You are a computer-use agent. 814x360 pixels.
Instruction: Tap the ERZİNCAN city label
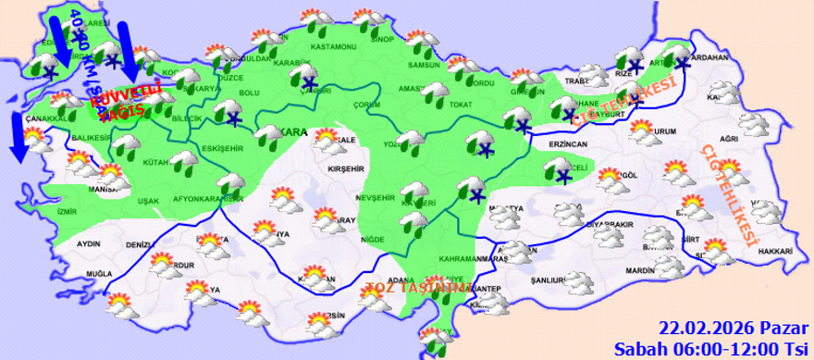(x=566, y=145)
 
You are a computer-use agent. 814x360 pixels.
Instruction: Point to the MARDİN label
(x=638, y=271)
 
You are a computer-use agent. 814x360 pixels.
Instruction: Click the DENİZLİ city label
(x=139, y=245)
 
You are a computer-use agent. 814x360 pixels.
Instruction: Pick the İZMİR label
(x=67, y=212)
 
